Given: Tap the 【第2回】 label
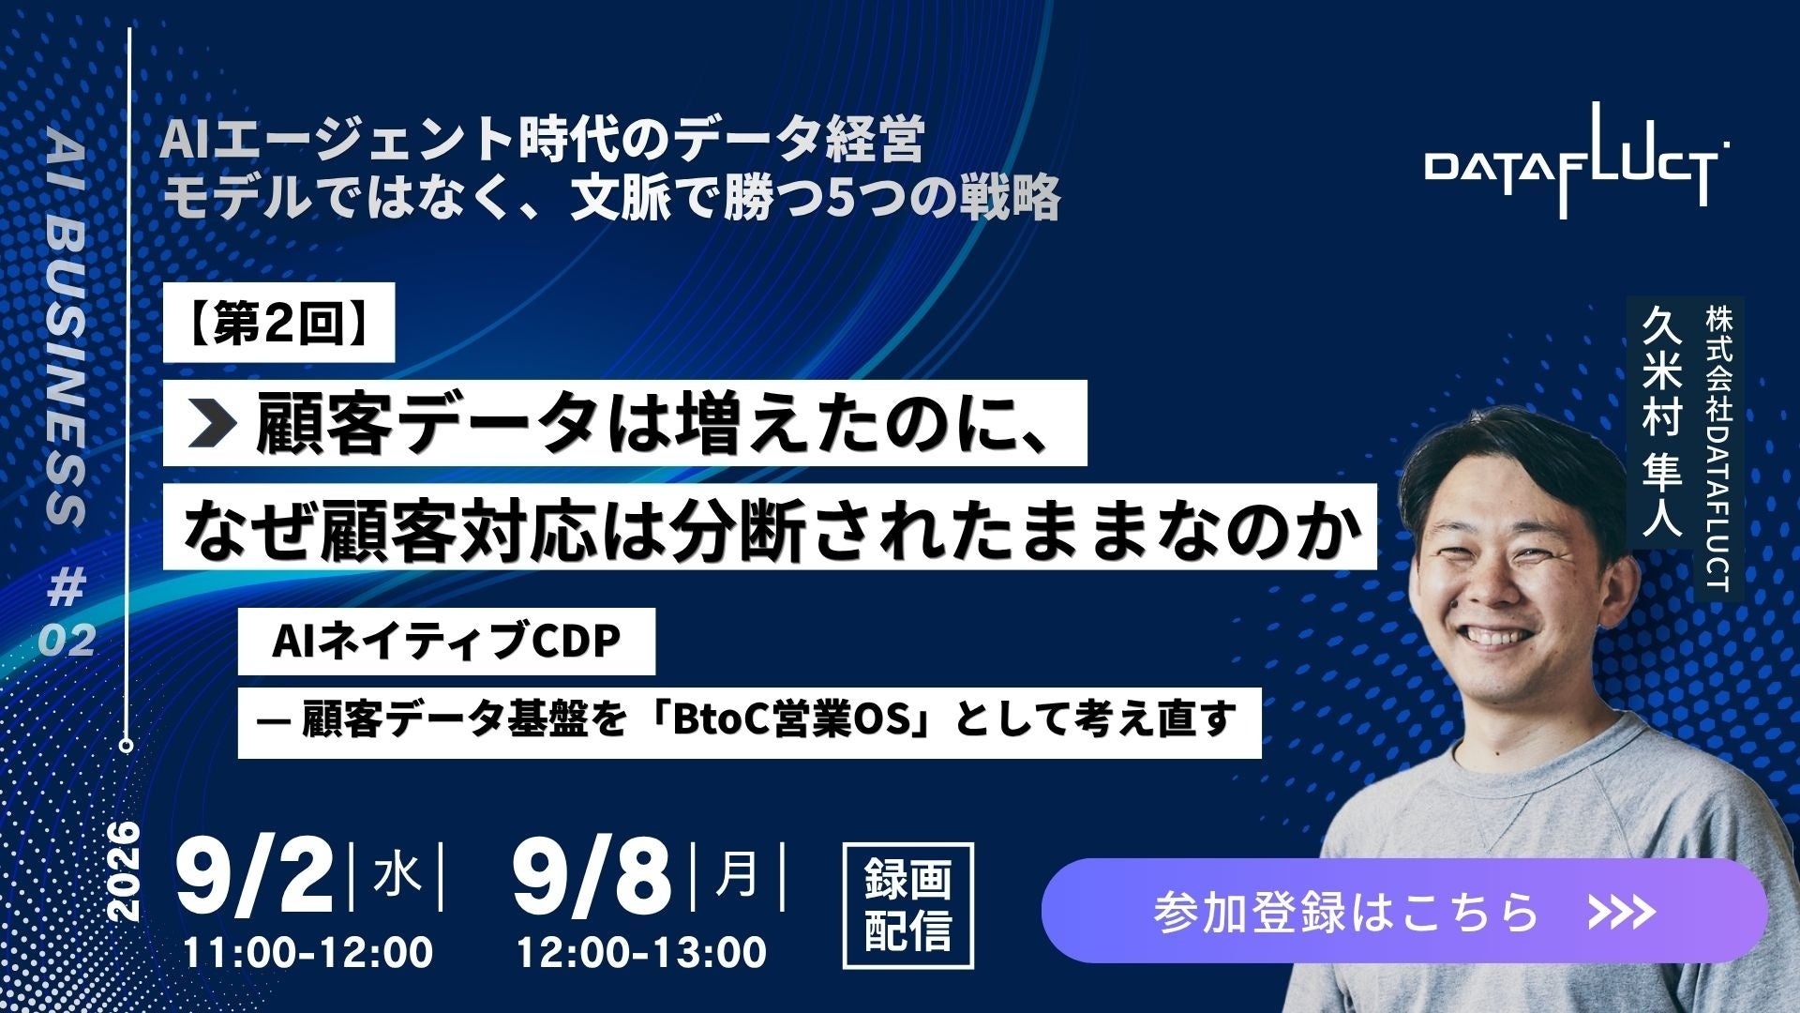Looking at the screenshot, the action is click(x=278, y=323).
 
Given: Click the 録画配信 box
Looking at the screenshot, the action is click(x=908, y=905).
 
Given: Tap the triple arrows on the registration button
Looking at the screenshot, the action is click(x=1620, y=911).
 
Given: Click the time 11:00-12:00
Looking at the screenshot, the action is click(x=308, y=953).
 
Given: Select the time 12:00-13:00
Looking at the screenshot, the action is click(x=642, y=953).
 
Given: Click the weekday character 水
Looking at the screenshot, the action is click(x=397, y=877).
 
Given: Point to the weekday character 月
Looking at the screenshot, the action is click(x=737, y=876).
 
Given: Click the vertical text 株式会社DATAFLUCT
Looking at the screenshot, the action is click(x=1718, y=449).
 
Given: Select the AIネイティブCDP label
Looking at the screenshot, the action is click(x=446, y=642).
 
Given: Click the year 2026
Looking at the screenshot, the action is click(x=125, y=872).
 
